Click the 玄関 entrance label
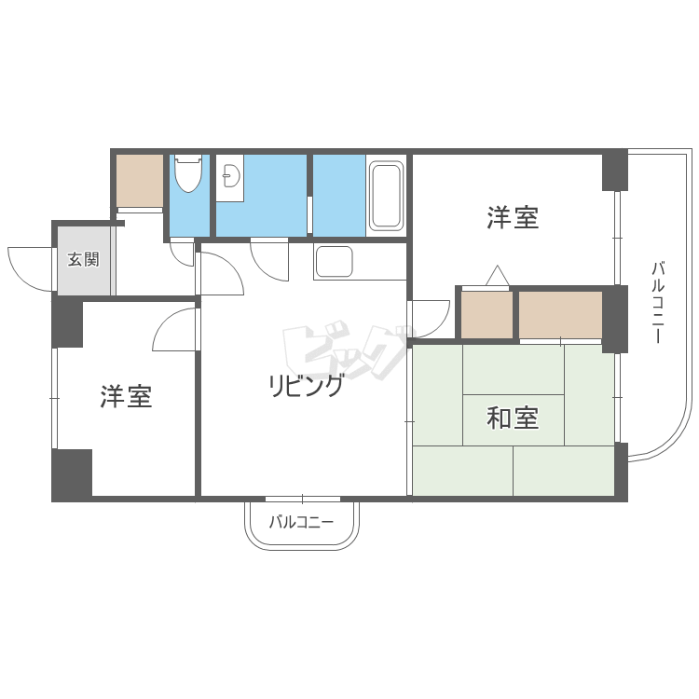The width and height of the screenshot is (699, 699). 83,259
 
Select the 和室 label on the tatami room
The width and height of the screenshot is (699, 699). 513,418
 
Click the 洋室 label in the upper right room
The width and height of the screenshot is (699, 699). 513,219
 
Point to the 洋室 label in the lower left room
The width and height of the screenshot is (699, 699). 126,397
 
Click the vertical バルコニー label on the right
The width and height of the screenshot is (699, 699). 657,303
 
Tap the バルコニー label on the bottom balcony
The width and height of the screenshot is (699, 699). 301,523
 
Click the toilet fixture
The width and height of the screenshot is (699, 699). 188,173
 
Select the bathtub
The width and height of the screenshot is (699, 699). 386,196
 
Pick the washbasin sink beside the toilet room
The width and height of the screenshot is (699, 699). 229,177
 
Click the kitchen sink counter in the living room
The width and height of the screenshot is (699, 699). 334,261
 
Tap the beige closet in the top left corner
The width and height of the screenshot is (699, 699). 140,180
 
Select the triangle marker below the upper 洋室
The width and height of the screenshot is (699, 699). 496,276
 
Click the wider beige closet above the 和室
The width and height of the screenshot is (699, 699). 560,315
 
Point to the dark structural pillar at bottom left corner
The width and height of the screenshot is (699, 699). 72,474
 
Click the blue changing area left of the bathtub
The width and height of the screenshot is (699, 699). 338,195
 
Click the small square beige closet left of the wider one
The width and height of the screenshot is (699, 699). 487,315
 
